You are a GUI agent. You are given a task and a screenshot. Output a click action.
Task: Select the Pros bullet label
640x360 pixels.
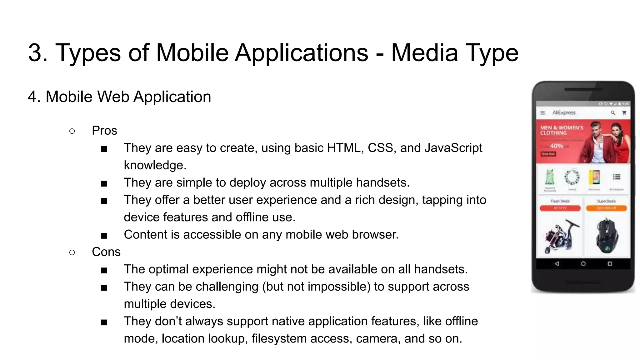click(x=104, y=131)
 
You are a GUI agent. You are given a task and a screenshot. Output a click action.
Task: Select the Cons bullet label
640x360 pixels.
click(x=106, y=252)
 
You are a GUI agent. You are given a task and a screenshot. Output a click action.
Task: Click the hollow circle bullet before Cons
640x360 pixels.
click(x=72, y=252)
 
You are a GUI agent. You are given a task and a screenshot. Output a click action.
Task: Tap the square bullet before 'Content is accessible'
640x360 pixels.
click(x=104, y=235)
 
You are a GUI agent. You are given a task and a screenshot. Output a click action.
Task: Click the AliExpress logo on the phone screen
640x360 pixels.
click(x=564, y=112)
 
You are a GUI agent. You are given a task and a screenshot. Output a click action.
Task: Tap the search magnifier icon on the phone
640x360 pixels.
click(x=613, y=113)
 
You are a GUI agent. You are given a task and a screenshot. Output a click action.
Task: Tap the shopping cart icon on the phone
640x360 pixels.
click(x=624, y=113)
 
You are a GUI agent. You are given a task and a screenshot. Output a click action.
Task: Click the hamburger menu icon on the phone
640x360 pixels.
click(x=543, y=113)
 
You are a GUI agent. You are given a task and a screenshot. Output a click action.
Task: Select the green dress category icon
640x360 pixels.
click(x=550, y=177)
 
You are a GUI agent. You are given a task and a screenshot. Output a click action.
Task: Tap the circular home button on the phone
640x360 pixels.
click(x=583, y=264)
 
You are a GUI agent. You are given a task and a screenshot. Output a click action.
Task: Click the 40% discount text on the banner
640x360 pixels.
click(x=556, y=146)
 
